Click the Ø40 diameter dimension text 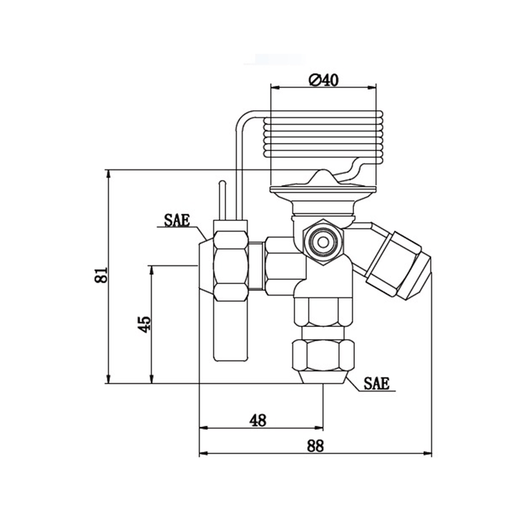[323, 80]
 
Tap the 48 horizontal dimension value [258, 420]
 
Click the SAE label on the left [176, 220]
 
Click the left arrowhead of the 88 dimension [201, 454]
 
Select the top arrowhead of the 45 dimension [152, 268]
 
